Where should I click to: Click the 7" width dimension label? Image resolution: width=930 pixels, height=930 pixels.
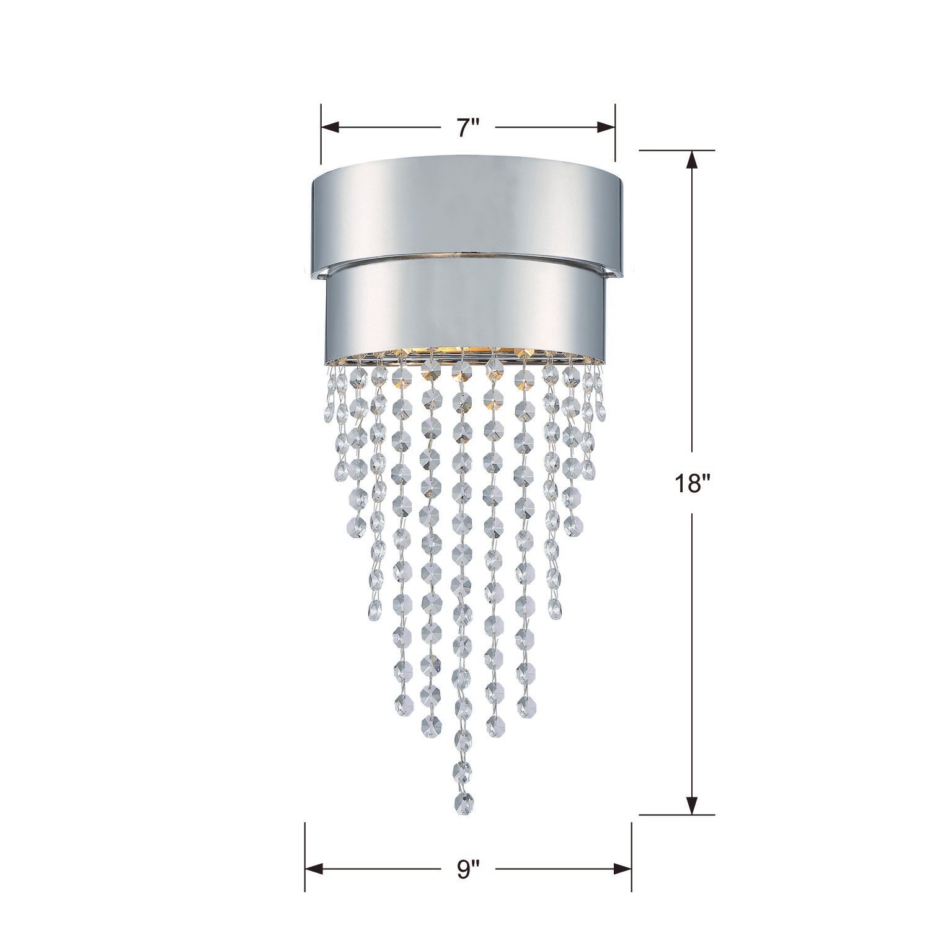[469, 128]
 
